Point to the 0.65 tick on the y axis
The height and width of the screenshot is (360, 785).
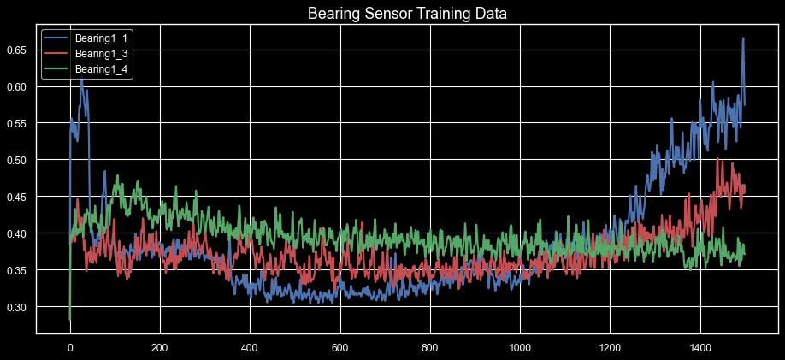(x=18, y=50)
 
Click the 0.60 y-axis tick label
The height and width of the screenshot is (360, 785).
(x=18, y=87)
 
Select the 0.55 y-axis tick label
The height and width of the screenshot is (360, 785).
(x=18, y=124)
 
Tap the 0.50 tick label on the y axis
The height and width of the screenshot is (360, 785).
(x=18, y=161)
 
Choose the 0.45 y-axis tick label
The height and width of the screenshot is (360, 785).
(x=18, y=198)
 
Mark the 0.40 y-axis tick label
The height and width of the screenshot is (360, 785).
(x=18, y=234)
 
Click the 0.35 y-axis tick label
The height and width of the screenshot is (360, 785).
(x=18, y=271)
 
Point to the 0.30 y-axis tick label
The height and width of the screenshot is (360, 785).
(x=18, y=308)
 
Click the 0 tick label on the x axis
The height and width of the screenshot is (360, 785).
(x=70, y=347)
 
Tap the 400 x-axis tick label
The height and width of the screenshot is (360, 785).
(x=250, y=347)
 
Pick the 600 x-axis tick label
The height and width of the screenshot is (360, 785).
(x=340, y=347)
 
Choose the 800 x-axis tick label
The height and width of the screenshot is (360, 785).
(x=430, y=347)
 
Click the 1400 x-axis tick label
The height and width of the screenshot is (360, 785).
(x=700, y=347)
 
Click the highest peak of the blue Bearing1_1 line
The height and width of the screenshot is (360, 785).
(x=743, y=38)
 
